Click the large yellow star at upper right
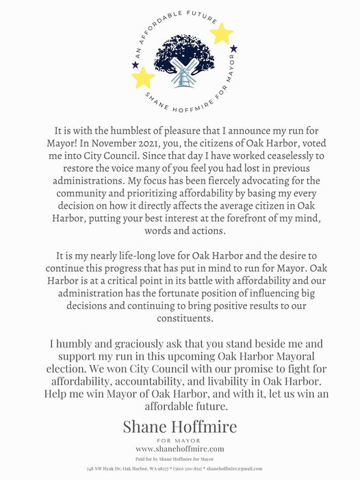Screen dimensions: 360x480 tap(221, 34)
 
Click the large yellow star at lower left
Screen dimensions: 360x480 tap(143, 77)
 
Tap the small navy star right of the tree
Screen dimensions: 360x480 tap(233, 49)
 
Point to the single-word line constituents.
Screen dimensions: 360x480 tap(180, 318)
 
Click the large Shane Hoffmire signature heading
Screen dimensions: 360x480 tap(180, 427)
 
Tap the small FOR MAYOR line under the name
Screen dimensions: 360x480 tap(180, 440)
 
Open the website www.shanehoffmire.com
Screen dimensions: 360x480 tap(180, 449)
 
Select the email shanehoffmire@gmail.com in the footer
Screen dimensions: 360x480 tap(234, 468)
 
